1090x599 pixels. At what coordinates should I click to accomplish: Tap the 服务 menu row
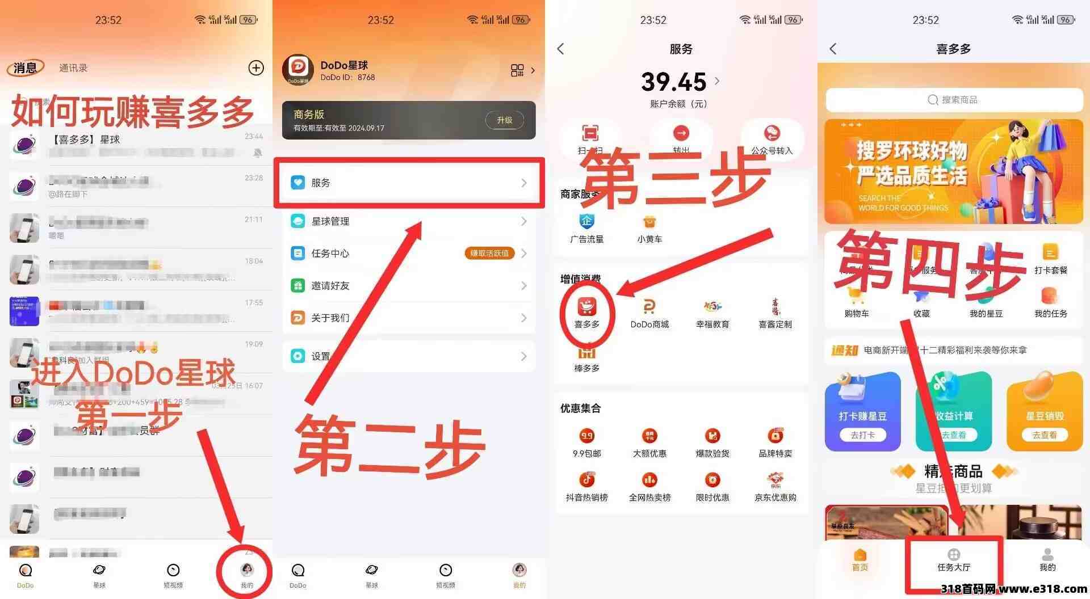409,183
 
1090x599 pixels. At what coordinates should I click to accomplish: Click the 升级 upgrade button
504,120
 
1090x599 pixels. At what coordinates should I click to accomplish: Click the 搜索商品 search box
954,100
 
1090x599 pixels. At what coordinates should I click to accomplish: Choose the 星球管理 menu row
409,221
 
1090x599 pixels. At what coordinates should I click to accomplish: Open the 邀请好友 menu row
409,285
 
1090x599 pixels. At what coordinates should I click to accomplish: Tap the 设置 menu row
409,356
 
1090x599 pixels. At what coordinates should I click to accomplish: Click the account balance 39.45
674,82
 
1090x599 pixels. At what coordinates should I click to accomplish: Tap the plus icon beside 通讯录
256,68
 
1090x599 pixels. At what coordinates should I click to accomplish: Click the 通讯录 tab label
73,68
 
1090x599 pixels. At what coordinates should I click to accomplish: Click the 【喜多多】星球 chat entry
136,145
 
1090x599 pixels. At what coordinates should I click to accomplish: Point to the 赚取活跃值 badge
489,253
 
